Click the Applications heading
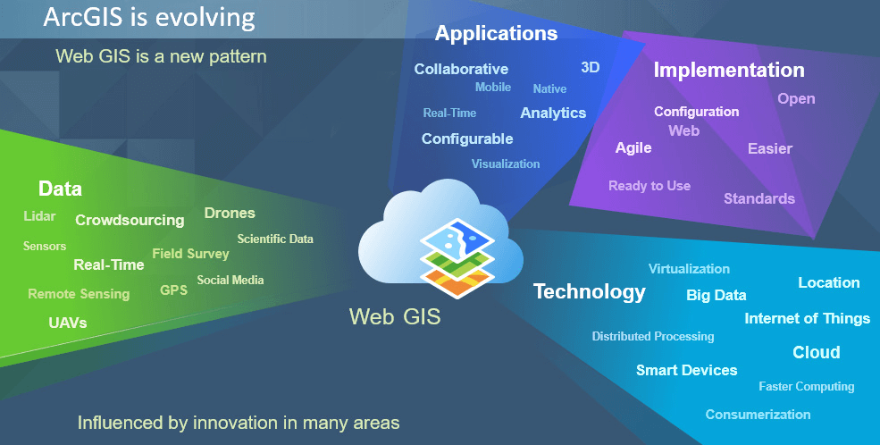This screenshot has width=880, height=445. [496, 34]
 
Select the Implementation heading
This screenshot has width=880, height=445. [729, 70]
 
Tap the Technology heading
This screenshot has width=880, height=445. [589, 291]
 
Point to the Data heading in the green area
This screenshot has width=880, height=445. [60, 189]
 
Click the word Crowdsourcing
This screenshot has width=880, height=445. [130, 220]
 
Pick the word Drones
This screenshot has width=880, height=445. [230, 213]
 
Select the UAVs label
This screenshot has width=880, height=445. [68, 323]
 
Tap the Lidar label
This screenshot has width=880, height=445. [39, 216]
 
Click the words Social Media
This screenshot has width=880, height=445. [230, 280]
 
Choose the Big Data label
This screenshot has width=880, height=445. [716, 295]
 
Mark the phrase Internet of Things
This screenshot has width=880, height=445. [807, 318]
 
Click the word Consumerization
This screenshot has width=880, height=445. [758, 414]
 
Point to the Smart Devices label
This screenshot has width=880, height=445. [686, 370]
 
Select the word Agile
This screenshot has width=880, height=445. [633, 147]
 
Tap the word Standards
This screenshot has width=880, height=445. [758, 198]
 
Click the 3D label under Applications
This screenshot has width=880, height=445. [590, 67]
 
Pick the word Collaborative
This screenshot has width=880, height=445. [461, 69]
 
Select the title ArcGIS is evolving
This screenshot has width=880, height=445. [149, 17]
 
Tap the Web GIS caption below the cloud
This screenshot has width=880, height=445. [394, 316]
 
